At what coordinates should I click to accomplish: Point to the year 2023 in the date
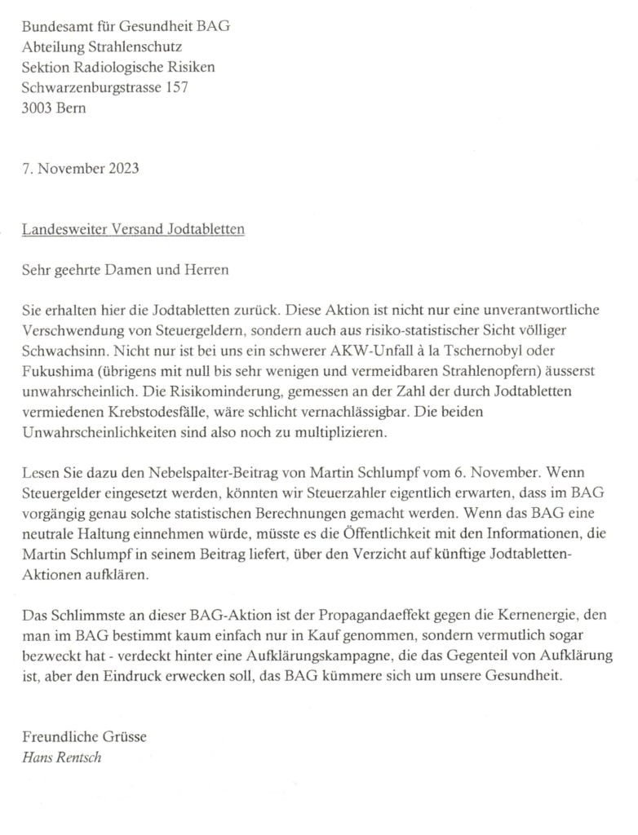122,170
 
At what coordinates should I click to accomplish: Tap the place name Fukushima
56,370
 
